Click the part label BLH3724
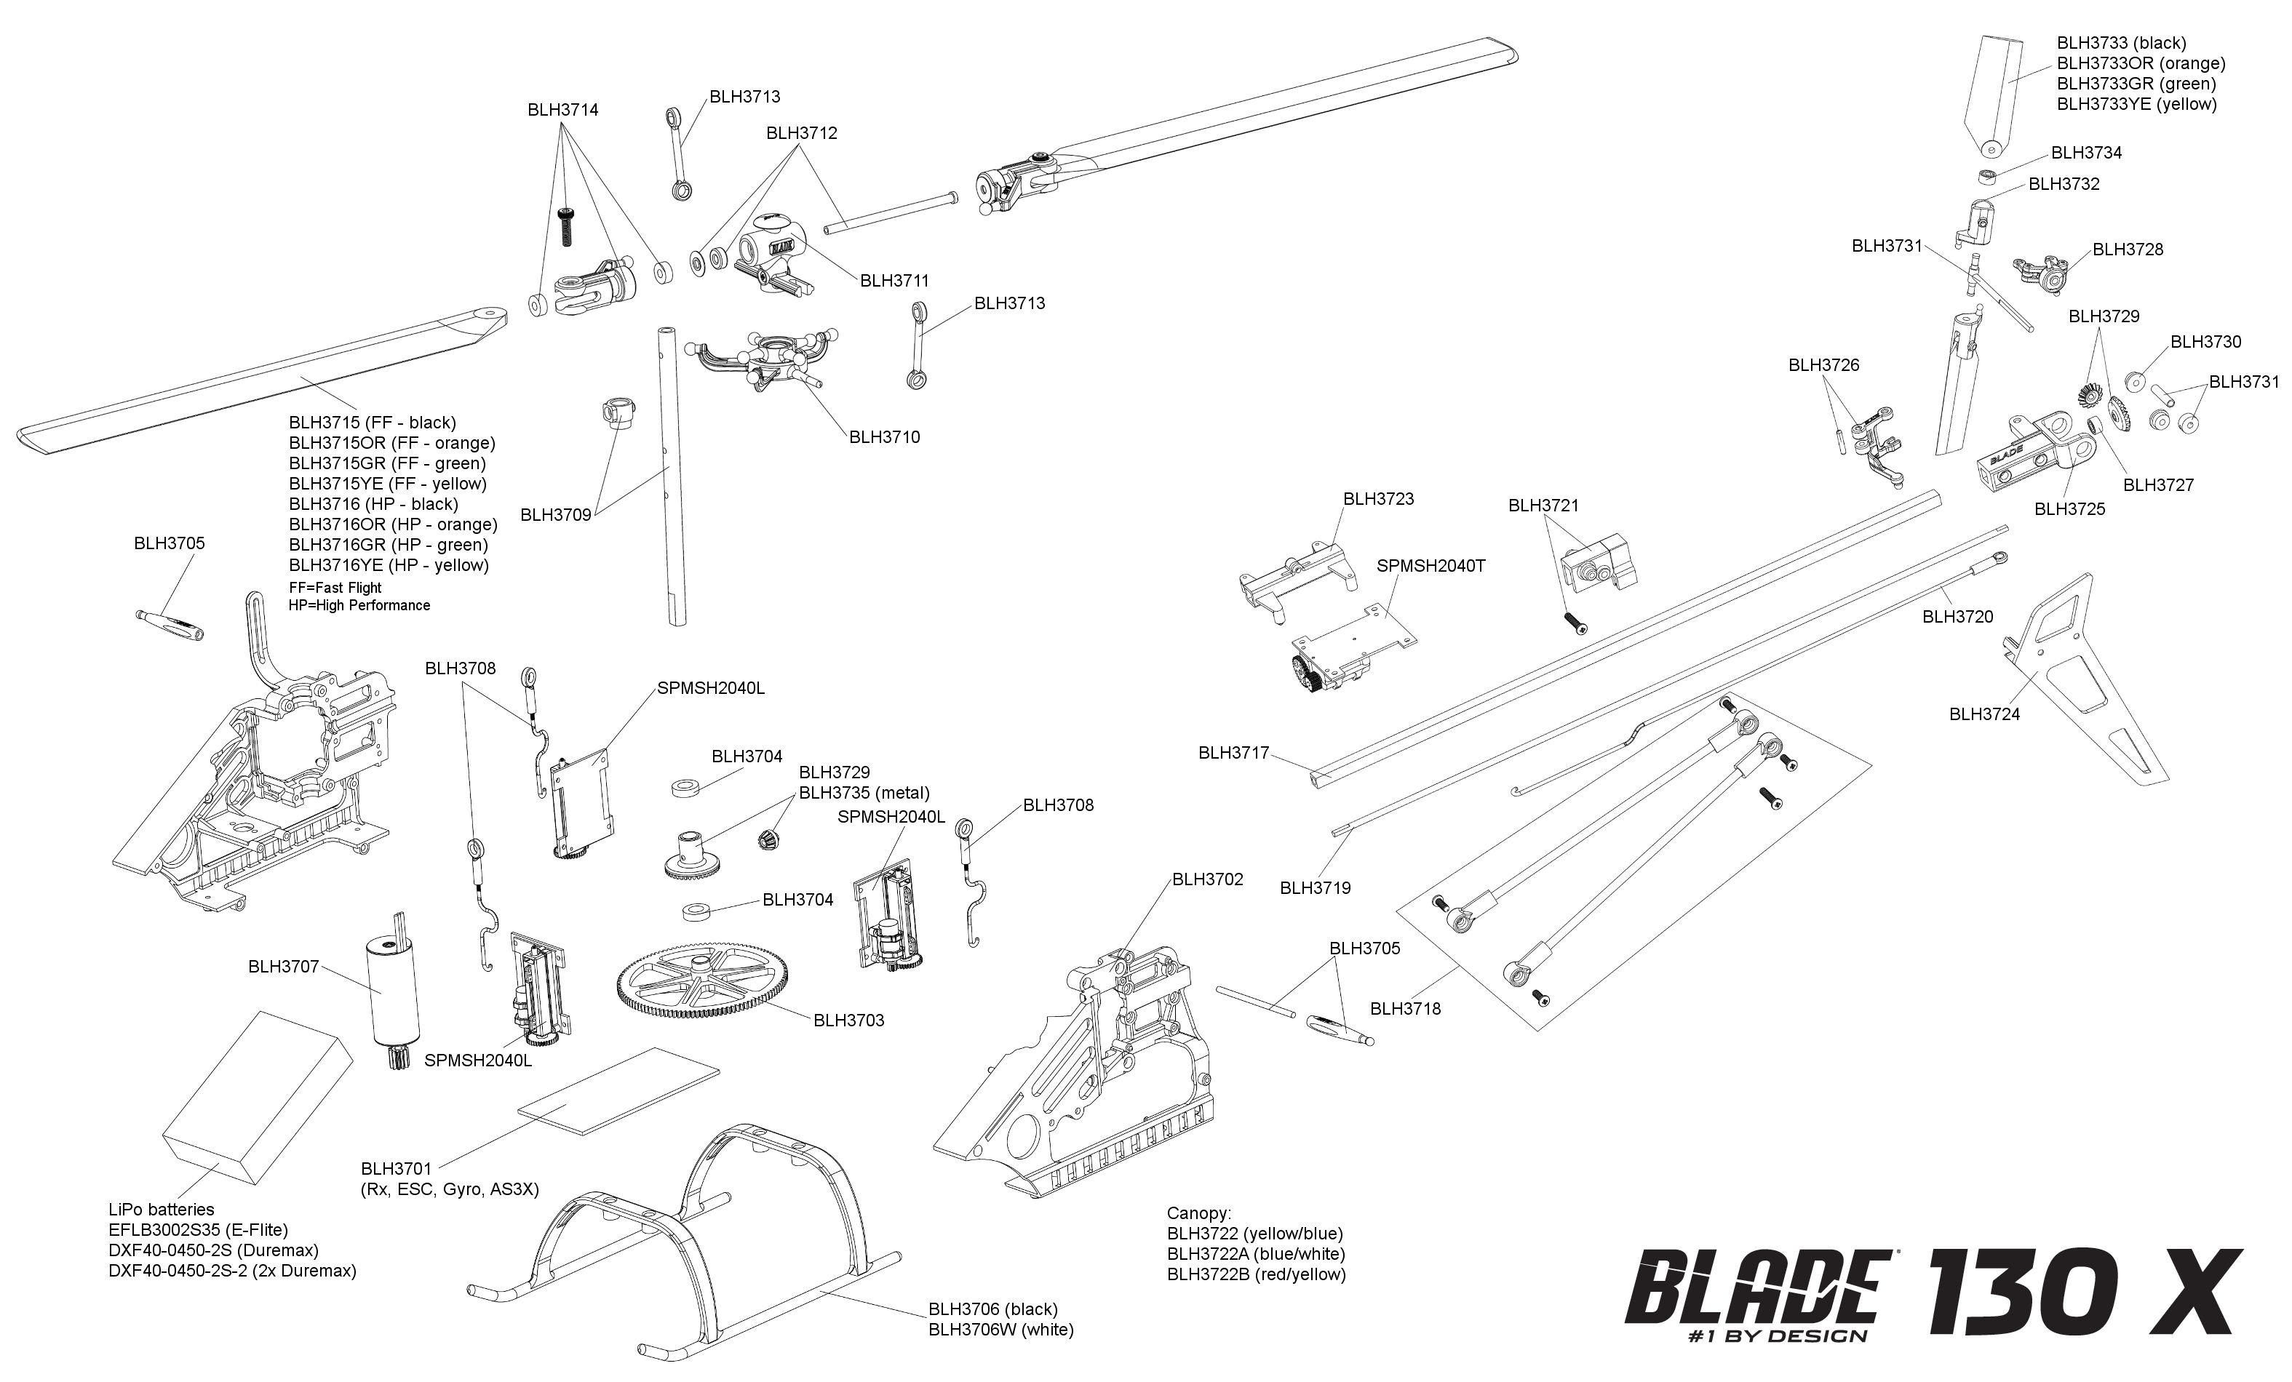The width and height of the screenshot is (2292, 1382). pyautogui.click(x=1984, y=714)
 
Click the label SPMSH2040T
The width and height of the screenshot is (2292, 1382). pyautogui.click(x=1430, y=565)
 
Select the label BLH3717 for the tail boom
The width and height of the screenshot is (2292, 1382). pyautogui.click(x=1233, y=754)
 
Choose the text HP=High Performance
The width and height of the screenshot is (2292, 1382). pyautogui.click(x=359, y=605)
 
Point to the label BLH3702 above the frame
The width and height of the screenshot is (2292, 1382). pyautogui.click(x=1206, y=879)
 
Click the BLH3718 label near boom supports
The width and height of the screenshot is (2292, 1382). pyautogui.click(x=1404, y=1008)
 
